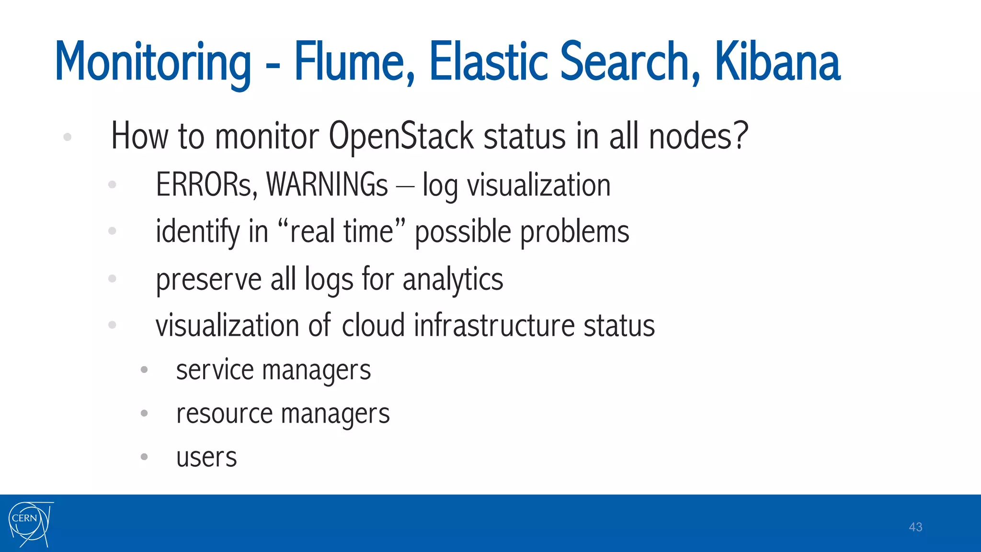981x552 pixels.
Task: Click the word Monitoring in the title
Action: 153,63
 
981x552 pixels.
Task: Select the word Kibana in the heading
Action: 777,62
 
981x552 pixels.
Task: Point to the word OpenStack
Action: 401,137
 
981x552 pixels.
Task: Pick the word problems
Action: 574,232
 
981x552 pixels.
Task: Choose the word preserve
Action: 208,280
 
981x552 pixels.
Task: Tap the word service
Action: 215,370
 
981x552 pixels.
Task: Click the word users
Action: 206,457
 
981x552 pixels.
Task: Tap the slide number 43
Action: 915,527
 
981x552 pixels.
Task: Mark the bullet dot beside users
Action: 144,457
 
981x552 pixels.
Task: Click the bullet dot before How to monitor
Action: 68,137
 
